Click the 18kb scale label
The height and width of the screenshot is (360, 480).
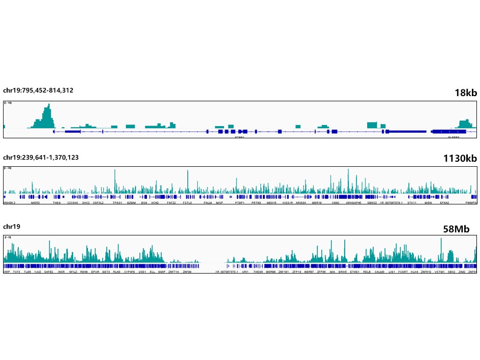[x=466, y=93]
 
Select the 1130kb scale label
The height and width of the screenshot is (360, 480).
[x=460, y=159]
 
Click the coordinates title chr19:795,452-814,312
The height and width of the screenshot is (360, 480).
[x=38, y=91]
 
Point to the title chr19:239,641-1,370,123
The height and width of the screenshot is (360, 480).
[x=41, y=157]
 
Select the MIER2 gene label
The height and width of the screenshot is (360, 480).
[x=36, y=202]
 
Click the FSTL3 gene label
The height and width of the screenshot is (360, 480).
[x=188, y=202]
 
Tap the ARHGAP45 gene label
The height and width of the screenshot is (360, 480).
[x=353, y=202]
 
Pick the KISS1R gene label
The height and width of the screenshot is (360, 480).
[x=287, y=202]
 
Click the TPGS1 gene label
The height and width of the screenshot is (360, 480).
[x=117, y=202]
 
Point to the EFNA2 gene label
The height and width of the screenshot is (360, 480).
[x=444, y=202]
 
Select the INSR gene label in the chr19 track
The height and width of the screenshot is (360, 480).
[x=62, y=272]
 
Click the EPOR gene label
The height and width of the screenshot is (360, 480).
[x=95, y=272]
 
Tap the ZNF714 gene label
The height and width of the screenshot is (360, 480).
[x=173, y=272]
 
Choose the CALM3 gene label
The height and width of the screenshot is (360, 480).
[x=379, y=272]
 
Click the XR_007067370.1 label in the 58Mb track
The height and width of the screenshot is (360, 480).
[x=225, y=272]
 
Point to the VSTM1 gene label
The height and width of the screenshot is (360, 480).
[x=439, y=272]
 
